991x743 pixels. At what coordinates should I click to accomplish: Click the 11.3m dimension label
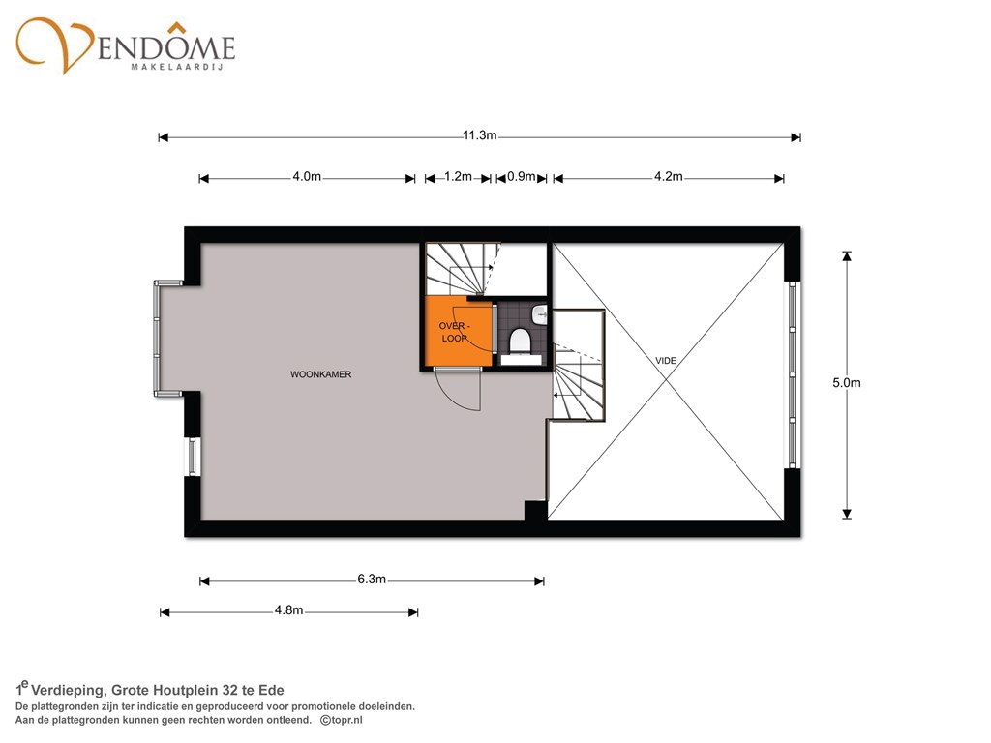coord(480,135)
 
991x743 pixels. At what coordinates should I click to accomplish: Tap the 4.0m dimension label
coord(307,177)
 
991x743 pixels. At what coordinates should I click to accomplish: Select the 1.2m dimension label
coord(458,177)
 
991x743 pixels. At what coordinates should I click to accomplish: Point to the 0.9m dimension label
coord(522,177)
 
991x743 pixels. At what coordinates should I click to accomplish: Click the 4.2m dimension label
coord(668,177)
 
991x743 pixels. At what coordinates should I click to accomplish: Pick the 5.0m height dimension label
coord(846,383)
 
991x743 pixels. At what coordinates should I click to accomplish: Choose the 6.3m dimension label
coord(372,580)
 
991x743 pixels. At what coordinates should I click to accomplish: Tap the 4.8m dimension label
coord(288,610)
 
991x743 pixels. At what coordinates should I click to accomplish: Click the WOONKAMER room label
coord(320,374)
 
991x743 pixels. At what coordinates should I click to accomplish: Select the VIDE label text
coord(666,361)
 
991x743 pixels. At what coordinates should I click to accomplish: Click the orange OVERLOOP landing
coord(458,333)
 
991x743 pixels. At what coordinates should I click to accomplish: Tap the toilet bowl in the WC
coord(521,341)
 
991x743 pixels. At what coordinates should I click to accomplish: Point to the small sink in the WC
coord(540,313)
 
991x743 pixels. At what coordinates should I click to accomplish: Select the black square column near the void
coord(535,511)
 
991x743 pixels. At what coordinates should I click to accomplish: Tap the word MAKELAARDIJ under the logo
coord(178,67)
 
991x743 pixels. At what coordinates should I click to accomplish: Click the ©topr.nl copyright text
coord(342,720)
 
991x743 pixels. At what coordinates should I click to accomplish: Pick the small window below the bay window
coord(193,457)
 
